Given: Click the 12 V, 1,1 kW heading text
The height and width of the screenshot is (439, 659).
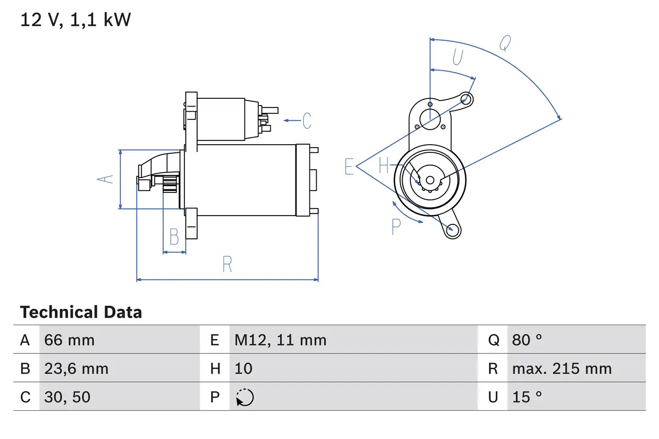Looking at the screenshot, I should click(x=75, y=20).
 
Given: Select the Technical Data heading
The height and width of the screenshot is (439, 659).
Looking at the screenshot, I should click(x=81, y=312).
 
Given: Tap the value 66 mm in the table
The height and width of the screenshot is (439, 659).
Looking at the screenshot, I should click(x=70, y=340).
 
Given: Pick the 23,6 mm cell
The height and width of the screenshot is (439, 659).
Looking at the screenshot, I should click(x=76, y=368).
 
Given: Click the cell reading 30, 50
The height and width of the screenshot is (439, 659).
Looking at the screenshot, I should click(x=67, y=397).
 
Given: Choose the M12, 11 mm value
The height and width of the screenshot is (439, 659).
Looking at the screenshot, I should click(x=281, y=340).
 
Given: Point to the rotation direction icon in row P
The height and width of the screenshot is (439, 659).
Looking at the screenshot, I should click(x=245, y=397).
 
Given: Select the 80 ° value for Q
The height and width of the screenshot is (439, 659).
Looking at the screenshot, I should click(x=527, y=340).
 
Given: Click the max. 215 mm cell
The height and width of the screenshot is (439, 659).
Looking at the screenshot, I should click(x=562, y=368).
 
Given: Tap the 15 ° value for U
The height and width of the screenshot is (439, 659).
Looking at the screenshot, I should click(x=527, y=397).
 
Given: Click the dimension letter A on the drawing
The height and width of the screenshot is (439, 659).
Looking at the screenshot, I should click(x=106, y=179).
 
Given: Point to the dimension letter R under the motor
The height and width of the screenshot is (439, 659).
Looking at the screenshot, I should click(x=227, y=264).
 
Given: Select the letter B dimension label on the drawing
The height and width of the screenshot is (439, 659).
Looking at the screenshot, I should click(x=174, y=237).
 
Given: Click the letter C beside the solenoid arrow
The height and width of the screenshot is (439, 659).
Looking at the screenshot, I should click(x=307, y=120).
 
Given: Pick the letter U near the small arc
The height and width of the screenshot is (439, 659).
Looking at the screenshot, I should click(x=457, y=58).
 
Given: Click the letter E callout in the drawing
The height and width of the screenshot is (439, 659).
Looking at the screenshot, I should click(x=349, y=167).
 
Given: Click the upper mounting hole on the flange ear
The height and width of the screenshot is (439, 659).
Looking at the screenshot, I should click(x=466, y=98).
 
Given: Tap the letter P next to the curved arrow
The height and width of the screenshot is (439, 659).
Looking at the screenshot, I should click(x=396, y=226).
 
